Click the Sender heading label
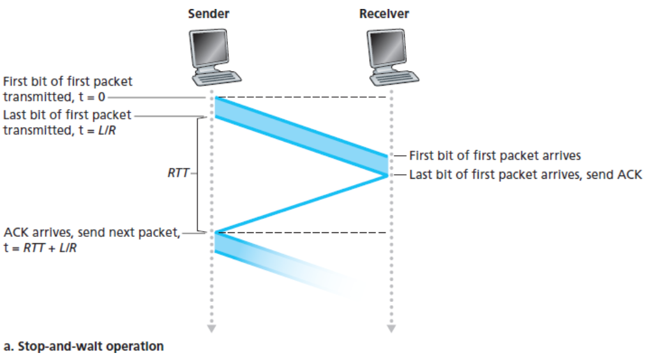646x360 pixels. tap(208, 13)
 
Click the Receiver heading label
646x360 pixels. tap(385, 13)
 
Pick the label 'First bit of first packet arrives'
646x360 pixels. tap(495, 154)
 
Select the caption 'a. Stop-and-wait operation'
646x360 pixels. tap(84, 347)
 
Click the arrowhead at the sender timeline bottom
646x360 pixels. tap(212, 329)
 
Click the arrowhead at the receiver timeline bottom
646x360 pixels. tap(391, 329)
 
